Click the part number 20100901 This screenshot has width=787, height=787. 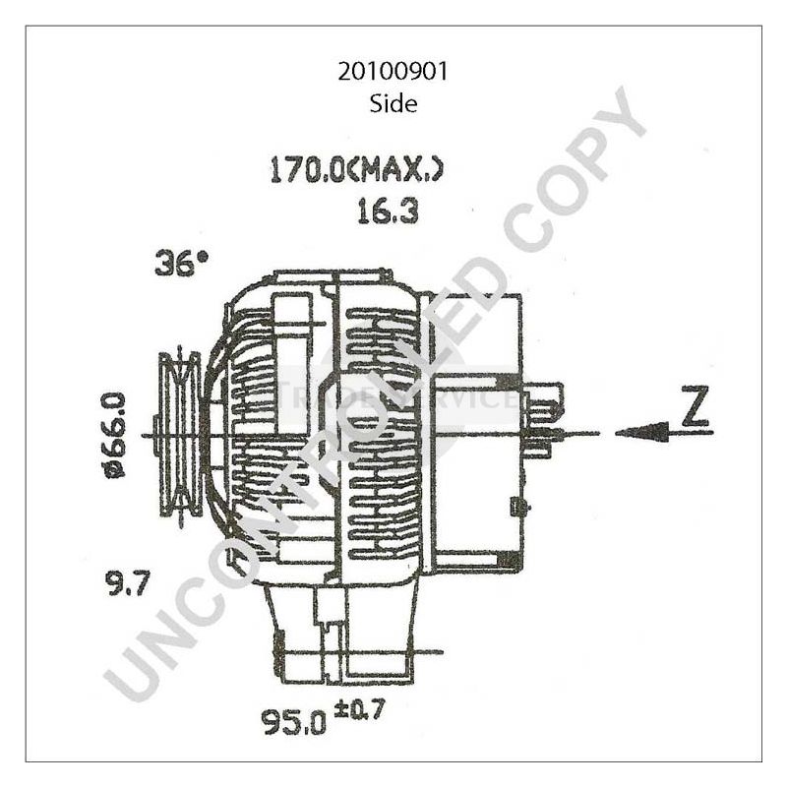point(393,71)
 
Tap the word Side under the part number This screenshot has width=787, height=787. point(393,102)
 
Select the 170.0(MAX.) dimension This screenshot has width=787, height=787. point(356,170)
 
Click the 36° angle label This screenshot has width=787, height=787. point(182,263)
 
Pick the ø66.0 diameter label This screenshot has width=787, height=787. point(115,434)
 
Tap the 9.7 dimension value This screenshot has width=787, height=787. point(127,585)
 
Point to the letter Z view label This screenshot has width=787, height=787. point(696,409)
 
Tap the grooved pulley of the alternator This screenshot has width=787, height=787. point(179,434)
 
